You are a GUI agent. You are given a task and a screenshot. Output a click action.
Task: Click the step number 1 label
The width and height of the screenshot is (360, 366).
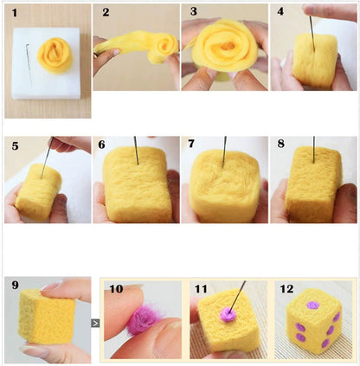click(13, 14)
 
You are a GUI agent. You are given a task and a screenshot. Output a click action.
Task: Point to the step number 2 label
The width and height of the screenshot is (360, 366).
click(105, 14)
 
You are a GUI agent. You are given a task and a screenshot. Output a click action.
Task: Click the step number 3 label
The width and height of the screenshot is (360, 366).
click(194, 14)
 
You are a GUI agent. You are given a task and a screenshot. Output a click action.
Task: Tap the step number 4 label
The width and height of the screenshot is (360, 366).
click(280, 14)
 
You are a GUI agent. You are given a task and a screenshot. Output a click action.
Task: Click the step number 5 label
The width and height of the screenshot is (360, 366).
click(14, 146)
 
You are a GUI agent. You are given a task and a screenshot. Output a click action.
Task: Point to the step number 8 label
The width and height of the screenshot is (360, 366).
click(280, 146)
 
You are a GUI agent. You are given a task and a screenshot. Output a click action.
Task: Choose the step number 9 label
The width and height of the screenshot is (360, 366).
click(15, 286)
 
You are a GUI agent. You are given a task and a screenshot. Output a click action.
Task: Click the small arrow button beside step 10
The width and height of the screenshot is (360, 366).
click(95, 323)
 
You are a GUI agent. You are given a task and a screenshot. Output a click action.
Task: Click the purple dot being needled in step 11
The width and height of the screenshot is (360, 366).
click(228, 316)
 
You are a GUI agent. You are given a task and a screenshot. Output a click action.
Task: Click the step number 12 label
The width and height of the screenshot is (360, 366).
click(287, 290)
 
